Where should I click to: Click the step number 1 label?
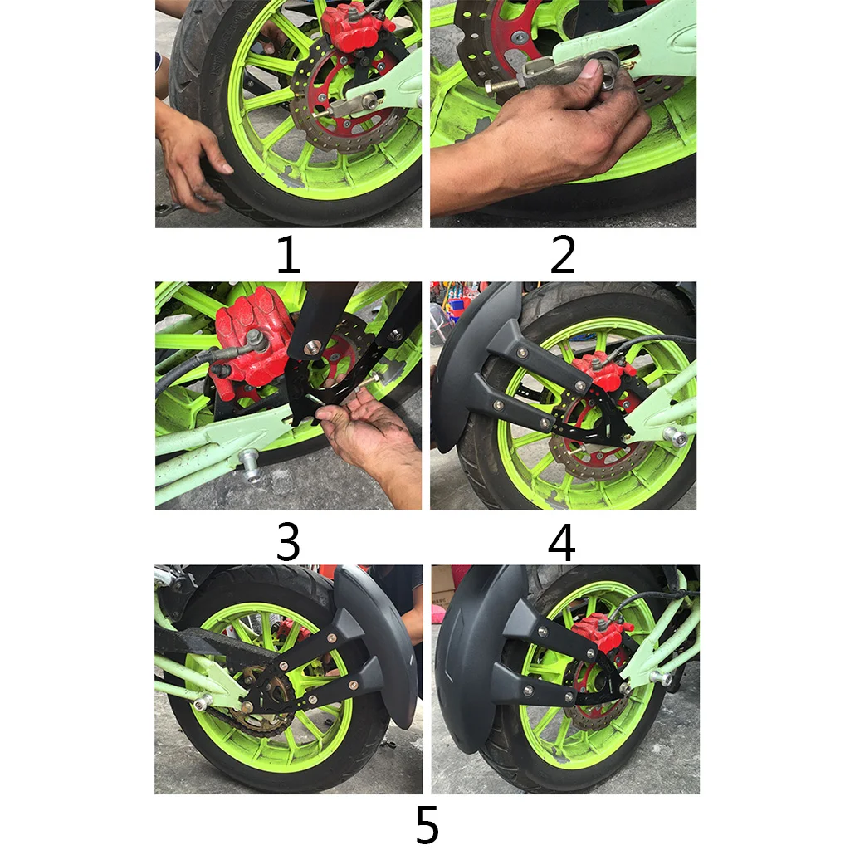tap(288, 254)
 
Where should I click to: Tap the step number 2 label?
tap(562, 254)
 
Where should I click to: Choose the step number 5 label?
tap(427, 824)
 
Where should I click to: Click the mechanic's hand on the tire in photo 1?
tap(195, 157)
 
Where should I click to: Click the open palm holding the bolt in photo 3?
tap(374, 428)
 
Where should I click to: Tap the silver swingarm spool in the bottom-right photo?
tap(662, 677)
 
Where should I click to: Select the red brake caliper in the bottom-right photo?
tap(599, 632)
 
